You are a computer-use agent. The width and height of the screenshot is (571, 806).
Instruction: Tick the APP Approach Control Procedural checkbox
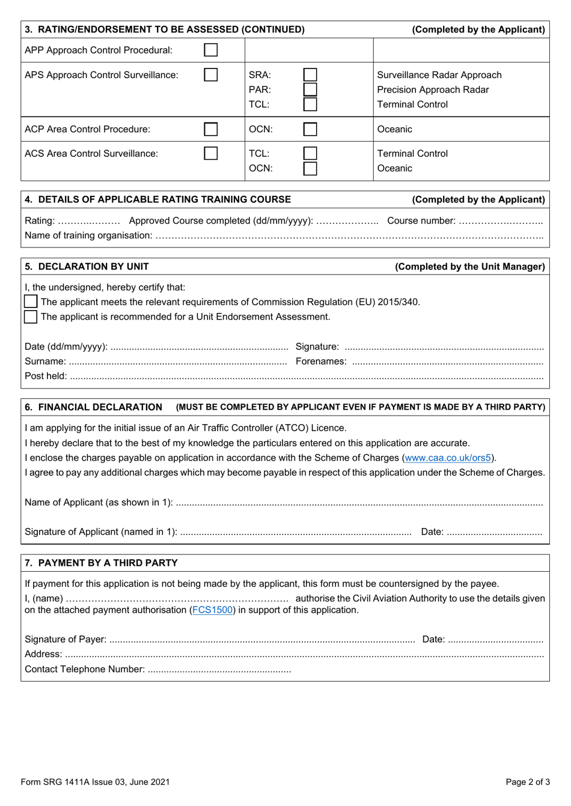(x=211, y=50)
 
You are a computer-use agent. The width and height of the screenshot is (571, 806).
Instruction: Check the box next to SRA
(x=310, y=75)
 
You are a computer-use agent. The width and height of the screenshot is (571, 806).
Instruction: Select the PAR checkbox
(x=310, y=89)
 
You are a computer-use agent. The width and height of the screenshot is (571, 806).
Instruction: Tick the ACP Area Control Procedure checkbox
(x=211, y=129)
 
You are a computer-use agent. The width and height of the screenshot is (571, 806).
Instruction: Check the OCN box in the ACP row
(x=310, y=129)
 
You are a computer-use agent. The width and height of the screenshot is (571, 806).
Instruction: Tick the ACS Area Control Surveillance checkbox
(x=211, y=154)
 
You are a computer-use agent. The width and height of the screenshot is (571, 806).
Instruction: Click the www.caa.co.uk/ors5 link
(x=448, y=458)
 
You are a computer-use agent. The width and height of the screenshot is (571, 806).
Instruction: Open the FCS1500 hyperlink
(x=212, y=610)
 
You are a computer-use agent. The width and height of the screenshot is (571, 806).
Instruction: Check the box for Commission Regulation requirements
(x=31, y=301)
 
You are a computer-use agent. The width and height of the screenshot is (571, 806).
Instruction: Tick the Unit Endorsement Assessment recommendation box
(x=31, y=317)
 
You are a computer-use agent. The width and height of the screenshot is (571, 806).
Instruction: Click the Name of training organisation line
(x=349, y=236)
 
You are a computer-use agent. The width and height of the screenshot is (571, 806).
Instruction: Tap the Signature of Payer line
(x=262, y=640)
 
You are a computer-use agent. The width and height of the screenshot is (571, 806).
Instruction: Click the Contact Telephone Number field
(x=219, y=670)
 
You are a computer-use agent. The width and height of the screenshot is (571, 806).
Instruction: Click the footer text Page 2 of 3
(x=527, y=782)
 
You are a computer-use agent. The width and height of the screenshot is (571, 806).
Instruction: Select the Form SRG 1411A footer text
(x=95, y=782)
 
